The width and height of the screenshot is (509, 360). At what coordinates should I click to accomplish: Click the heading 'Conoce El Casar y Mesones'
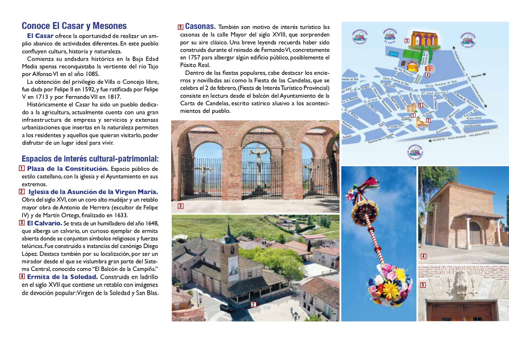coord(74,26)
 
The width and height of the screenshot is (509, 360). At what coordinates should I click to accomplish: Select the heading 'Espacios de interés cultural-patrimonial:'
coord(90,159)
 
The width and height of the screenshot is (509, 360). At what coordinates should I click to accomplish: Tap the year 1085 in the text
coord(92,74)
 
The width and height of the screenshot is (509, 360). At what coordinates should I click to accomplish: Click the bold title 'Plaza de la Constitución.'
coord(68,169)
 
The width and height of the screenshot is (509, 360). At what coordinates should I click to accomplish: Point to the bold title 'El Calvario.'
coord(45,223)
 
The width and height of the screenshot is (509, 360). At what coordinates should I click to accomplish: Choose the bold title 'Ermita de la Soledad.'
coord(62,277)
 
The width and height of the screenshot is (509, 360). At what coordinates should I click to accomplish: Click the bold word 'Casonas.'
coord(200,26)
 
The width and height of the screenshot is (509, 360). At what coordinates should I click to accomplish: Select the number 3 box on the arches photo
coord(180,206)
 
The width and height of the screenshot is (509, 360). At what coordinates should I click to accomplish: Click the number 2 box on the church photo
coord(253,305)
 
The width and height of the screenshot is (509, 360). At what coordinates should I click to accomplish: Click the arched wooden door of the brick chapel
coord(475,233)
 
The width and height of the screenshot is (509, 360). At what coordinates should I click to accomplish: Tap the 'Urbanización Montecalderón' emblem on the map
coord(415,152)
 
